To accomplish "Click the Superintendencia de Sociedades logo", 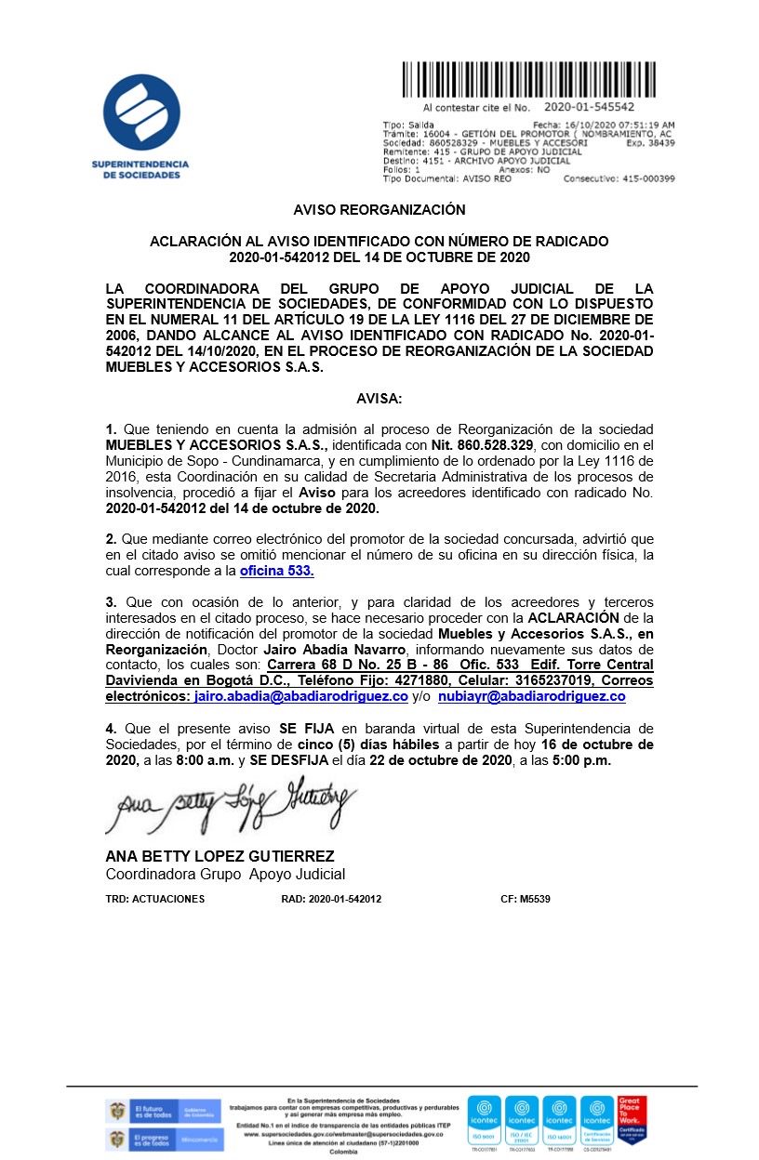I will (x=140, y=126).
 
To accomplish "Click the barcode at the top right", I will (x=539, y=80).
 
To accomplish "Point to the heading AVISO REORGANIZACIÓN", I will (x=379, y=210).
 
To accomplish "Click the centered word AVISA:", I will (x=379, y=399).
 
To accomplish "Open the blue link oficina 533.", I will (x=276, y=571).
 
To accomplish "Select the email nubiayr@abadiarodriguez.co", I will (x=531, y=696).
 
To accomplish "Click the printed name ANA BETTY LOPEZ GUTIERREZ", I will (x=220, y=856).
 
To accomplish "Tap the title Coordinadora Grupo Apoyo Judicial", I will (x=225, y=875).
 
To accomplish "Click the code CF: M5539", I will (x=526, y=899).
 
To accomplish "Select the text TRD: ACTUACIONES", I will (x=155, y=899).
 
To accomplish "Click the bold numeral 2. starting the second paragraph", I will (x=112, y=539).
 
